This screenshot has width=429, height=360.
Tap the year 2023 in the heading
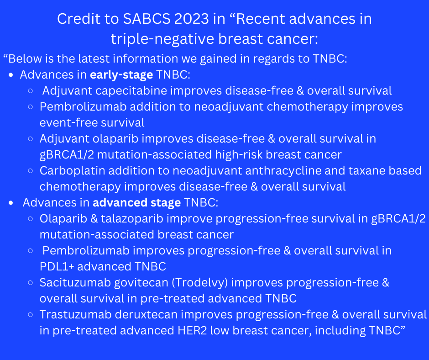pos(192,19)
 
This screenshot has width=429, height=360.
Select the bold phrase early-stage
pos(121,75)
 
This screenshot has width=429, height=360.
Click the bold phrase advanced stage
pos(137,203)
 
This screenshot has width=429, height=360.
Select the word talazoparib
pos(132,219)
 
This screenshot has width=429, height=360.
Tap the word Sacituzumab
pos(75,283)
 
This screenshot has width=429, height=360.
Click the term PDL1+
pos(57,267)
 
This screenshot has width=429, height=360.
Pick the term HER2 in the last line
pos(192,330)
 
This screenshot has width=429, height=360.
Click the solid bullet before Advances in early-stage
pos(11,75)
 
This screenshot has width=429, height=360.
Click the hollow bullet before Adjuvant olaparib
pos(31,139)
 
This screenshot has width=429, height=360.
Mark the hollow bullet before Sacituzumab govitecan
pos(31,283)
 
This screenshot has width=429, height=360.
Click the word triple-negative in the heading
pos(162,39)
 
